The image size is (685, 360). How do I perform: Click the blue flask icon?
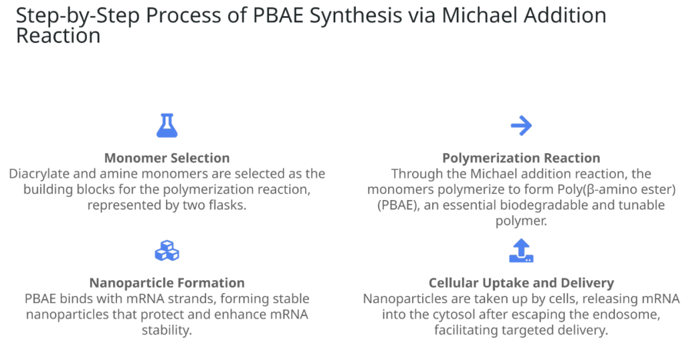(x=167, y=126)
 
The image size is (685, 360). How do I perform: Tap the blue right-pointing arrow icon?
(x=521, y=126)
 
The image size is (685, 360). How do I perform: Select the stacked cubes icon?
(x=167, y=251)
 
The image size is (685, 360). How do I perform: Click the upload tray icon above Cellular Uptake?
(x=521, y=250)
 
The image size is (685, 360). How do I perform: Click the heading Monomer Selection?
(x=167, y=158)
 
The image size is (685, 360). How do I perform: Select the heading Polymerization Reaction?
(x=521, y=158)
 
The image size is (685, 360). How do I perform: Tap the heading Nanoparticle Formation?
(x=167, y=282)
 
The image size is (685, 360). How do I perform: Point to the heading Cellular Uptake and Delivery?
(x=521, y=282)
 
